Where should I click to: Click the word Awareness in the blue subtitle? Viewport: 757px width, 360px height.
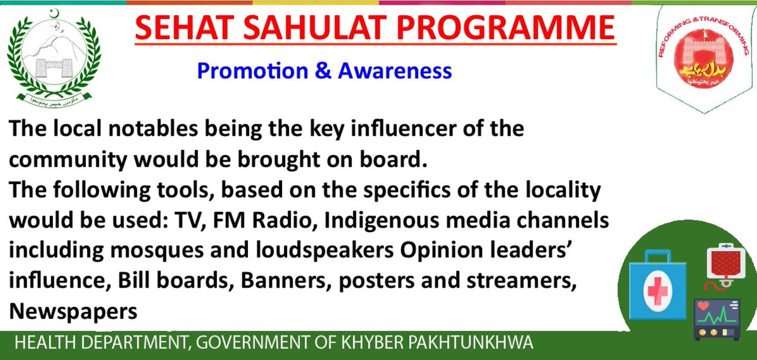(396, 71)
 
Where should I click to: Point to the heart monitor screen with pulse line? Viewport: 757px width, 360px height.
(717, 311)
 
